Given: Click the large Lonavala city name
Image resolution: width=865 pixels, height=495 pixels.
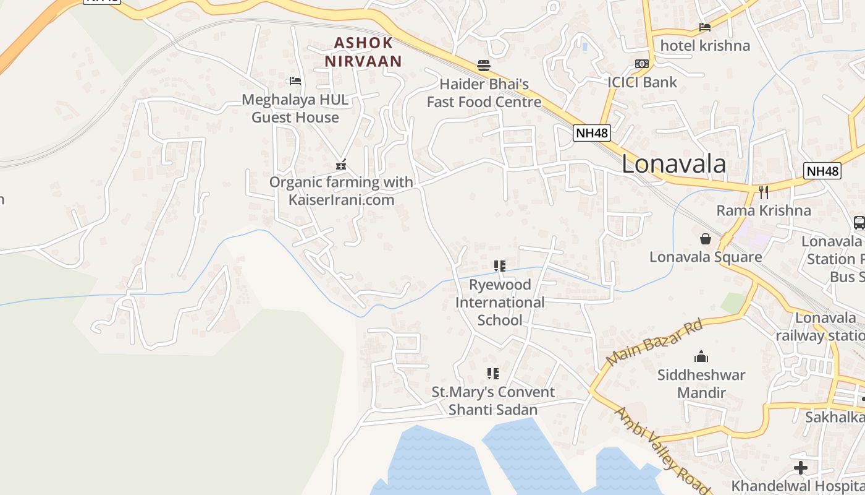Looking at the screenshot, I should (673, 164).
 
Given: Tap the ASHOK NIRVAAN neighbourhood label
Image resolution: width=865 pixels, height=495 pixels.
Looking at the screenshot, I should (363, 52).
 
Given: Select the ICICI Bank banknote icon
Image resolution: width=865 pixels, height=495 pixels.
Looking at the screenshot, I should (642, 64).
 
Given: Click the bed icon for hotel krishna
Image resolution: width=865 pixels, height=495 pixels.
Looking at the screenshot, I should (704, 27).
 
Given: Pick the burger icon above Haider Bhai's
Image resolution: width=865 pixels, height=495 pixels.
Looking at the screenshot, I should (484, 65).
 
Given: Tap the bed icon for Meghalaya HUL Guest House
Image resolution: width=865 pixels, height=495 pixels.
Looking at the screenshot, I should (295, 81).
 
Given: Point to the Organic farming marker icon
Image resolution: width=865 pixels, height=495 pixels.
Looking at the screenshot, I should (340, 165).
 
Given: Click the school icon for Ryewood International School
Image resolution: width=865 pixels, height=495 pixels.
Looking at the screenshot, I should (500, 266).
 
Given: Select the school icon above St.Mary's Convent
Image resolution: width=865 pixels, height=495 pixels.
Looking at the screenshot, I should (492, 373).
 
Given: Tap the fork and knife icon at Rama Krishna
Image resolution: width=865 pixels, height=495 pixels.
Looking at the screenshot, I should (763, 192).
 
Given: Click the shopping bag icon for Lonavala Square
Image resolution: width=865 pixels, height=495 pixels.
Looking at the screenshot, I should (705, 238).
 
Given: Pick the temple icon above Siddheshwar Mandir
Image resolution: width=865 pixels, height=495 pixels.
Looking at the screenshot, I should (701, 356).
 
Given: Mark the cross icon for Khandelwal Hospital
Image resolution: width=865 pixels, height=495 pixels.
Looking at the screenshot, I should (801, 467).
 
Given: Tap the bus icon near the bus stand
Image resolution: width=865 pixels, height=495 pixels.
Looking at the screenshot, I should (858, 223).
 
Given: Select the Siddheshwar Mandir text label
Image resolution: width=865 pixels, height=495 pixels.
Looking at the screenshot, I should (701, 384).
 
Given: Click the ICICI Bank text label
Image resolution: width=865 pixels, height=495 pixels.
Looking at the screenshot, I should (642, 82).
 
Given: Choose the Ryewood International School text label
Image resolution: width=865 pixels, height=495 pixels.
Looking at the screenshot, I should (500, 303).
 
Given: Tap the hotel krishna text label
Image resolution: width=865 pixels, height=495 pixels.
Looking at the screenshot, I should (705, 46).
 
